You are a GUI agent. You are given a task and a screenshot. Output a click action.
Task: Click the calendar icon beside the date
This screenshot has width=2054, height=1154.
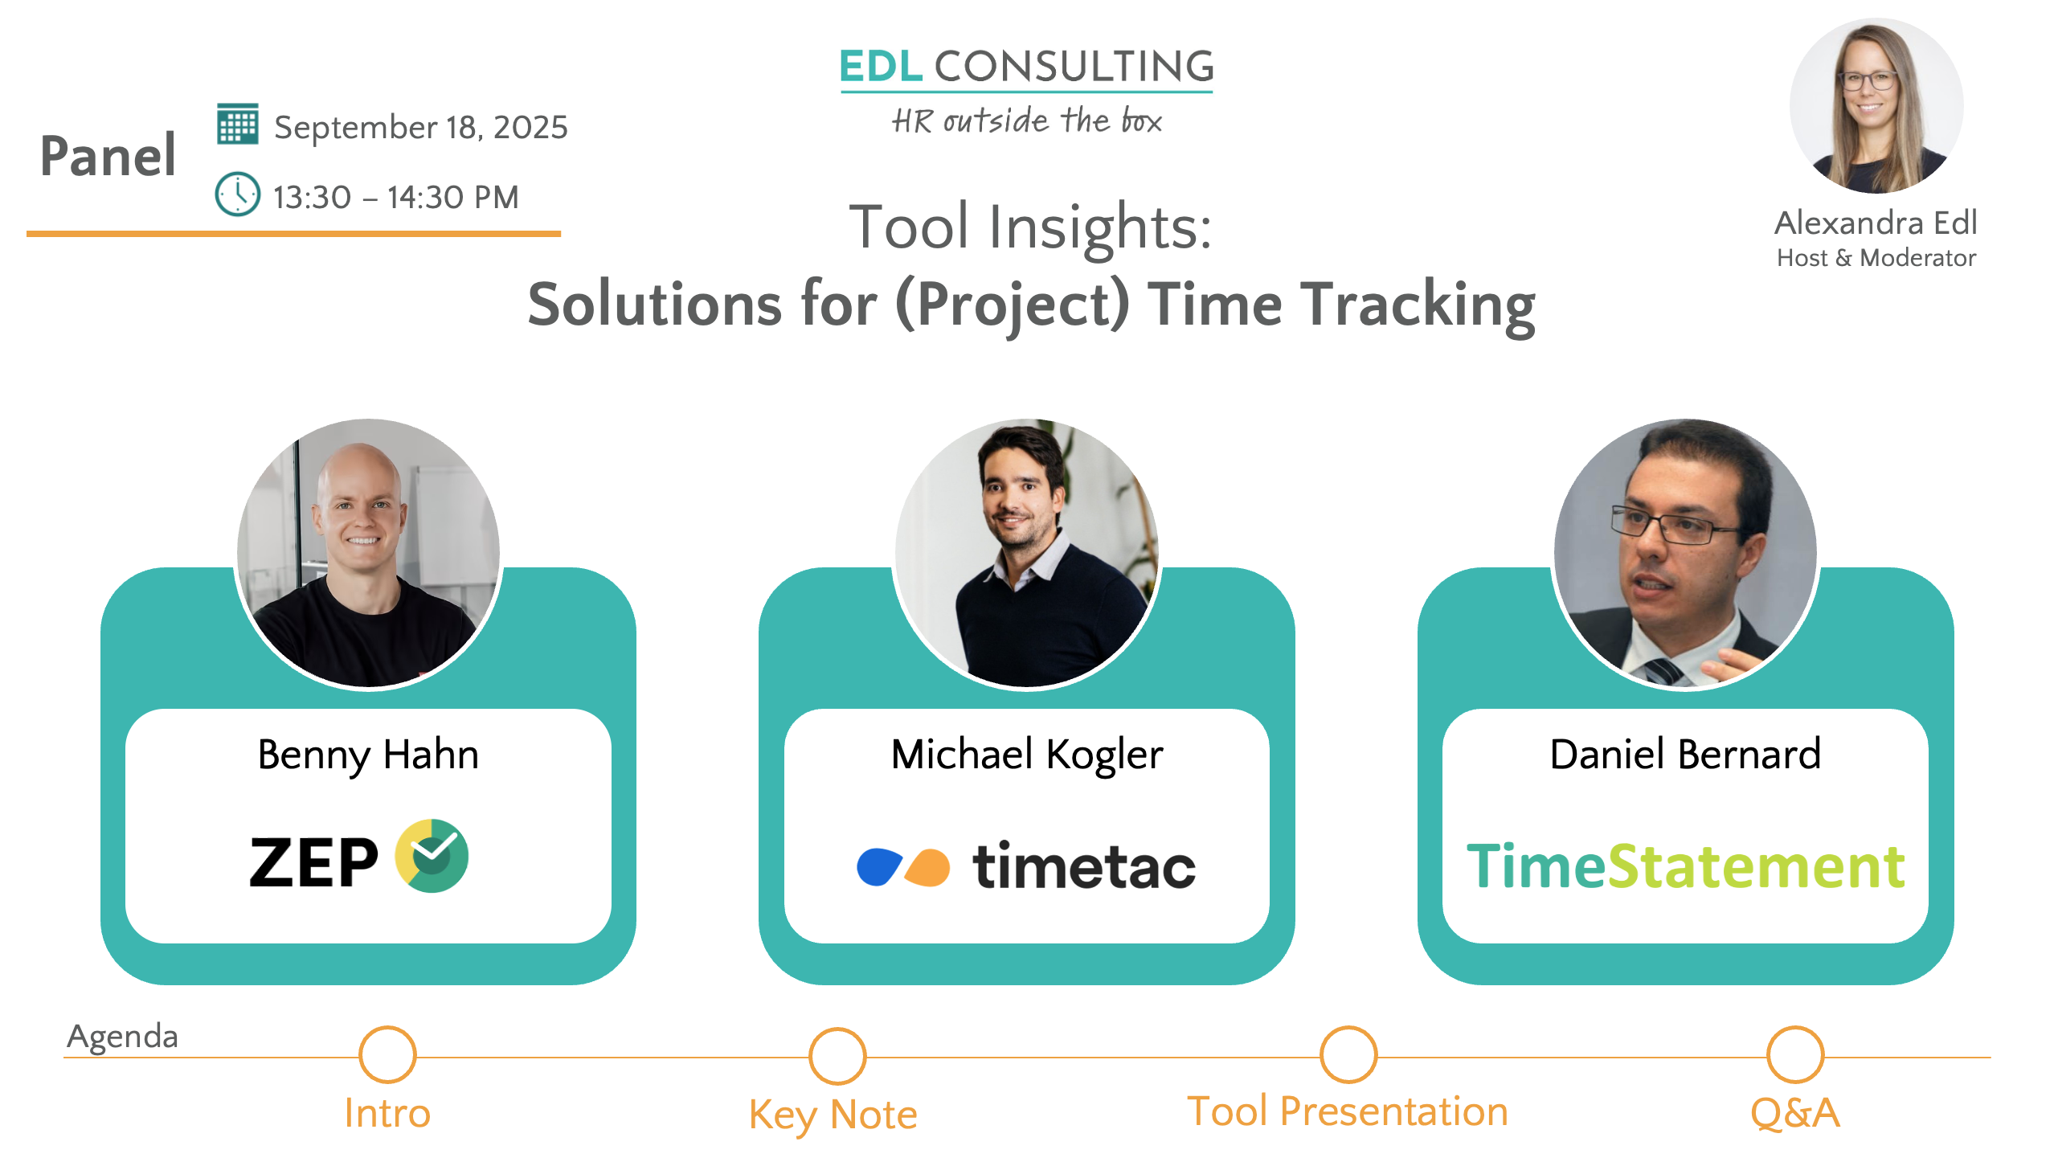point(237,124)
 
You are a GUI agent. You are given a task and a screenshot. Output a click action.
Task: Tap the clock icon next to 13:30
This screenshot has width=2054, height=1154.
point(237,194)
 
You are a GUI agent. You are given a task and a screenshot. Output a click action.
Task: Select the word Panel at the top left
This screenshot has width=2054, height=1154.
point(108,155)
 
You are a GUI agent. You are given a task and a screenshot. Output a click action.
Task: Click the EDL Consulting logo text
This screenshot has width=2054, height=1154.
point(1026,66)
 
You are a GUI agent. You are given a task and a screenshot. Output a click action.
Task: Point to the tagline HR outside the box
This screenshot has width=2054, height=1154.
point(1026,121)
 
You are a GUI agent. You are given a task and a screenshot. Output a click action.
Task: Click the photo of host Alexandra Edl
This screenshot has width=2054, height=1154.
point(1876,106)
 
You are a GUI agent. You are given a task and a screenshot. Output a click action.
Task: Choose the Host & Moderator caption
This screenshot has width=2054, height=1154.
point(1876,258)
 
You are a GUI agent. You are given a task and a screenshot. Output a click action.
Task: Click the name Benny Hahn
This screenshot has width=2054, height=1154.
point(368,755)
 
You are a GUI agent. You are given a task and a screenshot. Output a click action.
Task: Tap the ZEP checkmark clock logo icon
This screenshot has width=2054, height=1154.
point(432,856)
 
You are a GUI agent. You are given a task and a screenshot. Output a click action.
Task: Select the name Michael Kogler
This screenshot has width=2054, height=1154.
point(1027,755)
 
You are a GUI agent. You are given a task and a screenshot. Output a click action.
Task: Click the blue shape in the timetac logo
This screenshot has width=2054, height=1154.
point(879,866)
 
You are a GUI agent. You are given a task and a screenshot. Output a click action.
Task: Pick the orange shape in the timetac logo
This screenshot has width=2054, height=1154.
point(928,867)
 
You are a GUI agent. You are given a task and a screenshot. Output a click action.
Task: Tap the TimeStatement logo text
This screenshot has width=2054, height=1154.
point(1685,865)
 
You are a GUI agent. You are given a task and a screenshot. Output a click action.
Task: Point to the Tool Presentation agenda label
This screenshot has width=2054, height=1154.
point(1348,1111)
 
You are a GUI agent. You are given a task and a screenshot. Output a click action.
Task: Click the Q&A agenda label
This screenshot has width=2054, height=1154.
point(1795,1112)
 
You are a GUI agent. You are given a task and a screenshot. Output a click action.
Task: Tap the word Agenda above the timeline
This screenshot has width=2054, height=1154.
point(122,1037)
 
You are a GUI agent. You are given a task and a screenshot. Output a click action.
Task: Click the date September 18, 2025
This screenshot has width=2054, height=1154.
point(421,127)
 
